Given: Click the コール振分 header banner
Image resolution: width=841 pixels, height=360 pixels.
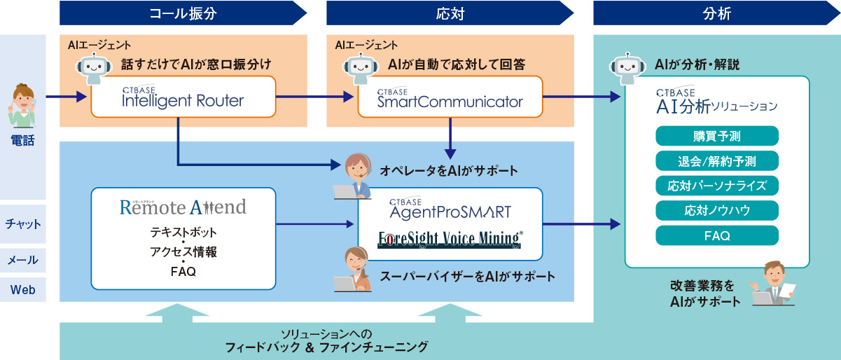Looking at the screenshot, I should coord(183,13).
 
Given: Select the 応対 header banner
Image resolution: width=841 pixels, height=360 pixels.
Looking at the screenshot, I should coord(449,13).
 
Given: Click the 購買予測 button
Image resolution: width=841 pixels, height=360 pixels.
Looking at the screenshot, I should coord(716,136).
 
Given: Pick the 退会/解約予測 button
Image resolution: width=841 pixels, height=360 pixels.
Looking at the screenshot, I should coord(716,161).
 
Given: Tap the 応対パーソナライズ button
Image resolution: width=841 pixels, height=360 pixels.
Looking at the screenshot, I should coord(716,186).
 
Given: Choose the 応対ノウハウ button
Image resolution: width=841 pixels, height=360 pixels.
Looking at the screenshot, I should coord(716,210).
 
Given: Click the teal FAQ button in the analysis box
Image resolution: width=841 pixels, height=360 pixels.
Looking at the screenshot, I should coord(716,235).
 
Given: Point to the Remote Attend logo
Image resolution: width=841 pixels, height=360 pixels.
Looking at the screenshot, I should coord(183,207).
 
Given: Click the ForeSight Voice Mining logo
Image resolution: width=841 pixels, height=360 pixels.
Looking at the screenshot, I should coord(450,239).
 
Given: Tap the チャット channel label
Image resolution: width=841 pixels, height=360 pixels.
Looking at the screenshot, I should coord(23,224).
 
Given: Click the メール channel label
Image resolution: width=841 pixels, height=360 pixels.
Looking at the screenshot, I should coord(23,260).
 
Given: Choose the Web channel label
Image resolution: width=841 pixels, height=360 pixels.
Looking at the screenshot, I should coord(23,289).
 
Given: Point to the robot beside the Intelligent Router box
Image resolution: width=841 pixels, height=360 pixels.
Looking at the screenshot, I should coord(94,68).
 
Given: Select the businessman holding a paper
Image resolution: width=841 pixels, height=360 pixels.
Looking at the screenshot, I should coord(773,283).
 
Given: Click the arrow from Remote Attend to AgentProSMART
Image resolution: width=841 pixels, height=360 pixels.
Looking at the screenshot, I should coord(315,224).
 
